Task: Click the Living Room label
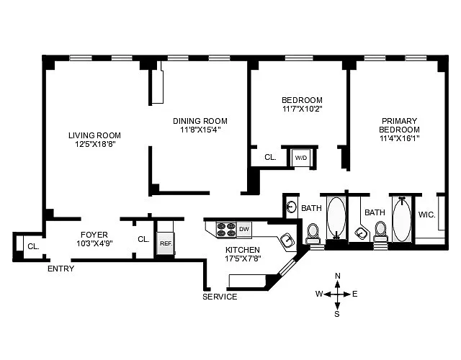[94, 135]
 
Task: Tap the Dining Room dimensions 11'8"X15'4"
[200, 130]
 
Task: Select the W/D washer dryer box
[300, 157]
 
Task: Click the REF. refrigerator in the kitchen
[166, 243]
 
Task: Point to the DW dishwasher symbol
[244, 229]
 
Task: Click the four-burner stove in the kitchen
[226, 230]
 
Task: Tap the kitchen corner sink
[287, 240]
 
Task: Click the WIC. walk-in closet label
[426, 214]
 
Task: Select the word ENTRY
[61, 269]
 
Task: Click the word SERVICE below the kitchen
[220, 297]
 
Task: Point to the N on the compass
[338, 276]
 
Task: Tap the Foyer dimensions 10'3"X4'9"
[94, 244]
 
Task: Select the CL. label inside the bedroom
[270, 157]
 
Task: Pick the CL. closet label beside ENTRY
[33, 246]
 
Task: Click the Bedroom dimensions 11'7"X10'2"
[302, 109]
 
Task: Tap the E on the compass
[354, 294]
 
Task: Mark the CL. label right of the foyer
[143, 239]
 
